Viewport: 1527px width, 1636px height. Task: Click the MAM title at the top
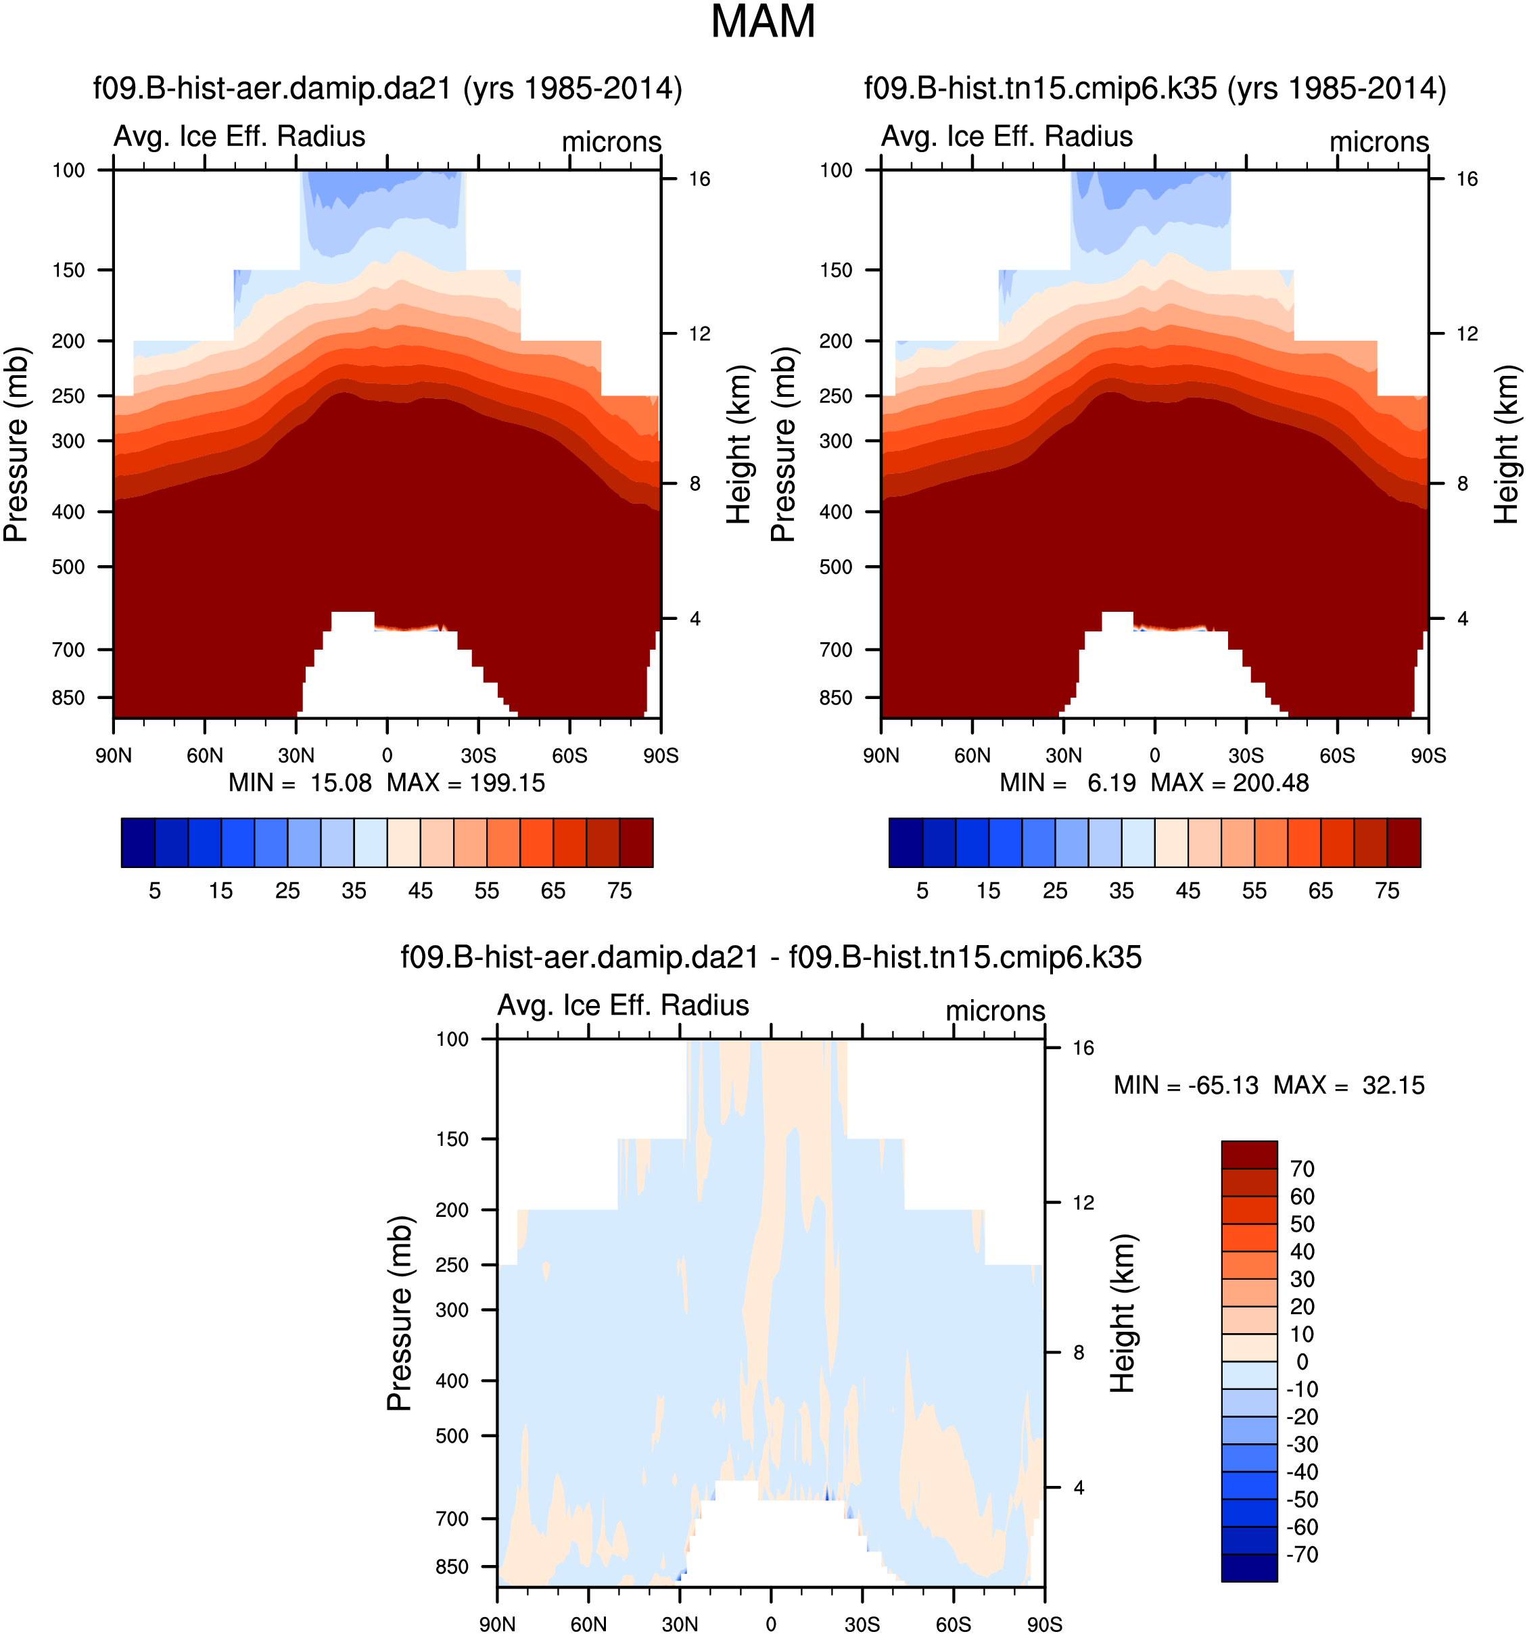click(x=762, y=22)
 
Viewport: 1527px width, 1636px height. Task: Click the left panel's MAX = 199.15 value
click(x=466, y=783)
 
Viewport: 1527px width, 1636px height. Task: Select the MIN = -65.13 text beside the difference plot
click(x=1185, y=1086)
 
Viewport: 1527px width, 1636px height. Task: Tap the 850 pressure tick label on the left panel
click(x=68, y=698)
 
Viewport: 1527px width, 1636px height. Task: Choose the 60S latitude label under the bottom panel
click(x=954, y=1625)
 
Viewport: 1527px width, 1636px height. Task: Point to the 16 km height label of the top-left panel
click(x=699, y=179)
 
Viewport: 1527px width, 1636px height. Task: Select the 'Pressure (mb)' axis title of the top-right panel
click(x=783, y=444)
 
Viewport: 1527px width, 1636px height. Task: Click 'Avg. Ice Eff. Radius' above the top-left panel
click(x=239, y=137)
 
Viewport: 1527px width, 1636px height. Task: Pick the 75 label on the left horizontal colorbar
click(x=619, y=890)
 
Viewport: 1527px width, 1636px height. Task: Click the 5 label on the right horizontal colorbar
click(x=922, y=890)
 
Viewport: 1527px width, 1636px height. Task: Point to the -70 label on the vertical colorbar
click(x=1301, y=1554)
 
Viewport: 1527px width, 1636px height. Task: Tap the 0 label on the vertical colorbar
click(x=1301, y=1362)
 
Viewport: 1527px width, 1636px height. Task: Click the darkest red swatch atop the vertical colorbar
click(x=1249, y=1155)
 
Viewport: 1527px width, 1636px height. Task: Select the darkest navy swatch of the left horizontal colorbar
click(x=138, y=843)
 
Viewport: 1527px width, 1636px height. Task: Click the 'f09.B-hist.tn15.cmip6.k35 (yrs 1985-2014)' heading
click(x=1154, y=88)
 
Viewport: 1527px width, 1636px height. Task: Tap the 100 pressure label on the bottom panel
click(x=452, y=1039)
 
